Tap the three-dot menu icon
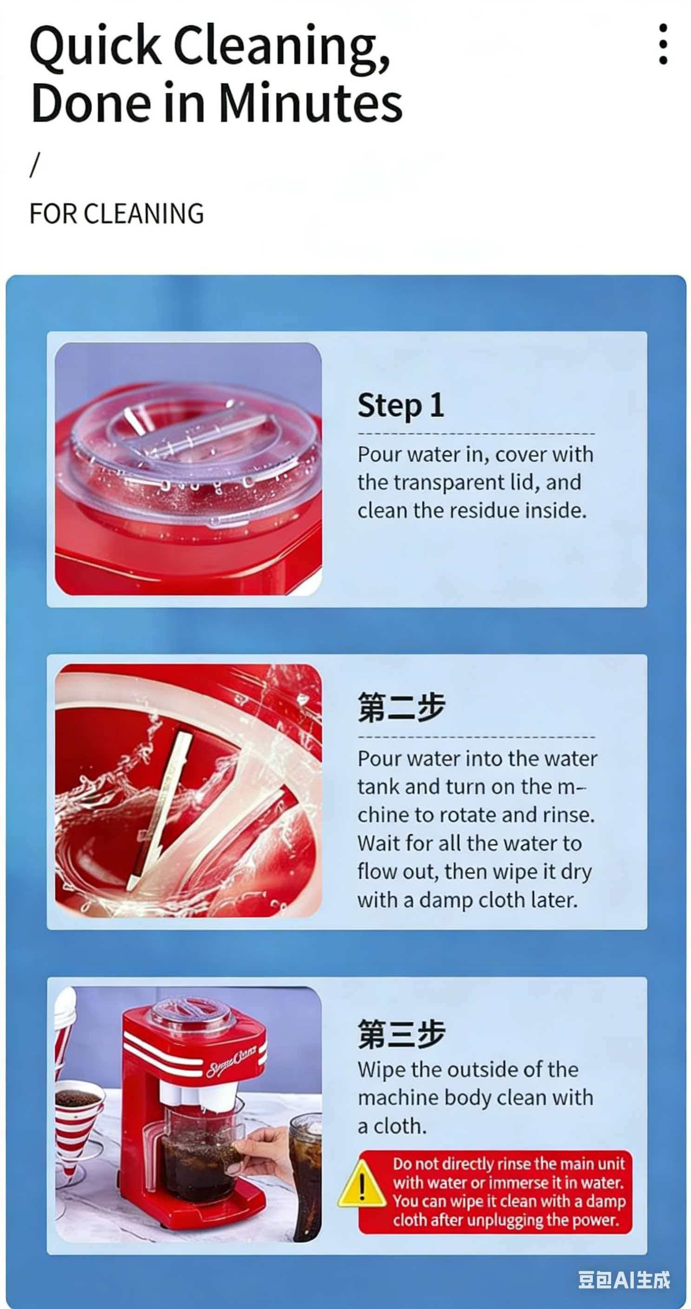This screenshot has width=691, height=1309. point(663,44)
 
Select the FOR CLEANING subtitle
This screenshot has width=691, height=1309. point(117,214)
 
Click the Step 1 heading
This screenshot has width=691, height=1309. point(401,405)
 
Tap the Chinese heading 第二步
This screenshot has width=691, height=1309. point(401,707)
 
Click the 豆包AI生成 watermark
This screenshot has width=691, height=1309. point(624,1280)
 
